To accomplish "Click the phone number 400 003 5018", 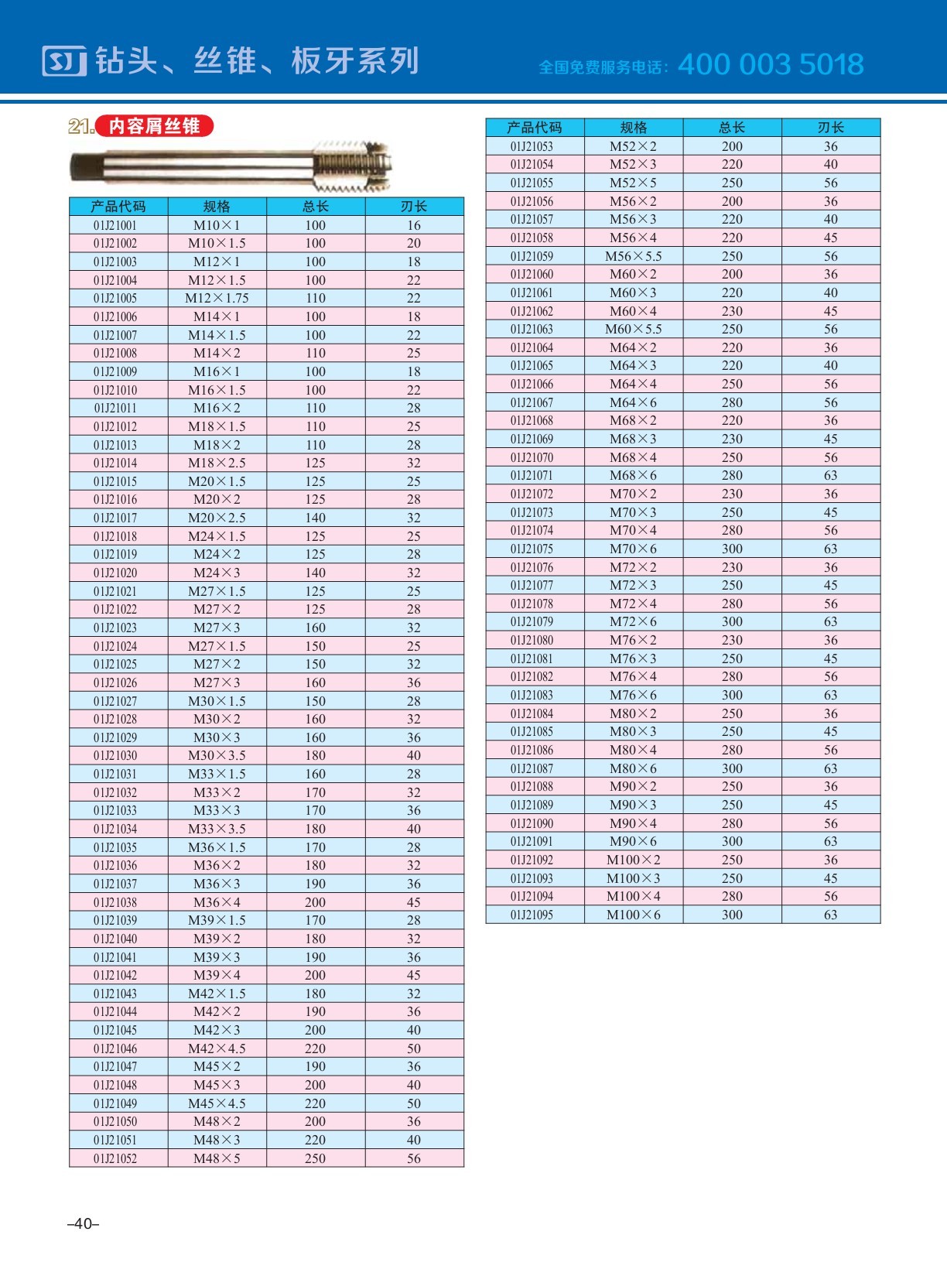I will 771,64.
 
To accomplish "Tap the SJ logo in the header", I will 64,61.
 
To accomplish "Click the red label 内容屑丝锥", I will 154,126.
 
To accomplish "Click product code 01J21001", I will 115,225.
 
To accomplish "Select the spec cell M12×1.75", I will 217,299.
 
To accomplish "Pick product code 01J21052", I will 115,1158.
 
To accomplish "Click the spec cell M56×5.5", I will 633,256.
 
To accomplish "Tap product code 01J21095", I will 532,915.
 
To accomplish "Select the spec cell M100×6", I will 633,915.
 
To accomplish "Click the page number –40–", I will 84,1223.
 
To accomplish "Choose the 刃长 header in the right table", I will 830,128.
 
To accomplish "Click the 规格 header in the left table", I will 217,207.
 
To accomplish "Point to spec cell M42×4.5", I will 217,1049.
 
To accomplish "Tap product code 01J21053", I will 532,146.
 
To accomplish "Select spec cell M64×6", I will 633,402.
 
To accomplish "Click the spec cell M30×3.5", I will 217,755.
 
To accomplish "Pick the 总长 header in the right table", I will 732,128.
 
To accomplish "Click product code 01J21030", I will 115,755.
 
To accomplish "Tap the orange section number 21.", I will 80,126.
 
